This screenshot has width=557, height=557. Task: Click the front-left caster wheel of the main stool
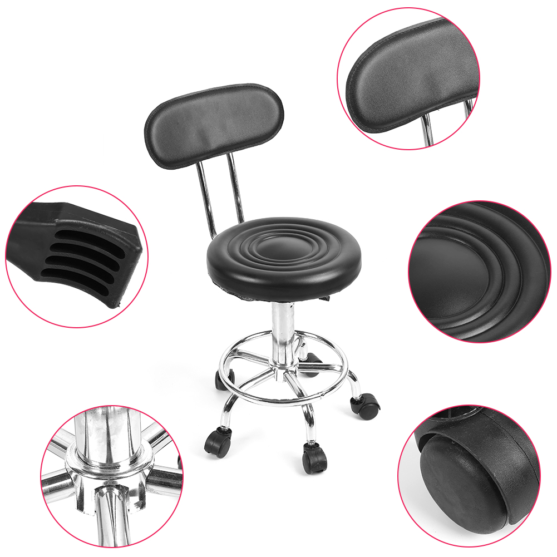[219, 442]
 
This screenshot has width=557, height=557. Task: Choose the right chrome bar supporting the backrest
[236, 189]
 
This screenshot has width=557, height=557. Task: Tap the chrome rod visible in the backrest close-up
[427, 130]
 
